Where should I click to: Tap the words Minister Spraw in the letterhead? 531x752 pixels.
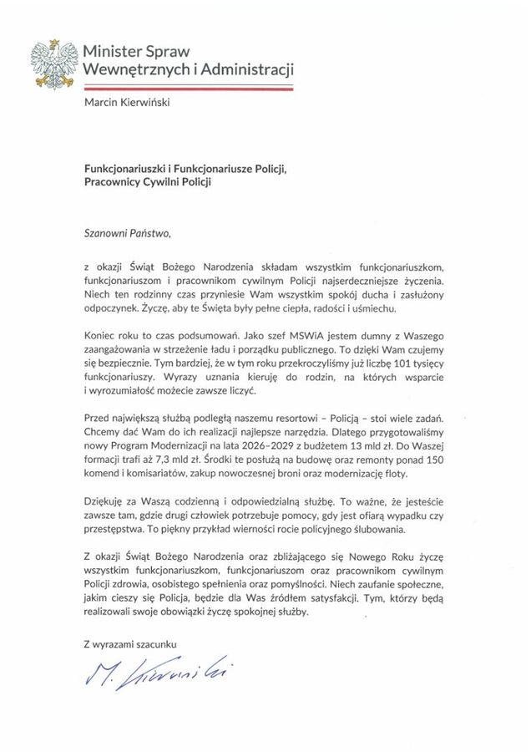136,51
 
